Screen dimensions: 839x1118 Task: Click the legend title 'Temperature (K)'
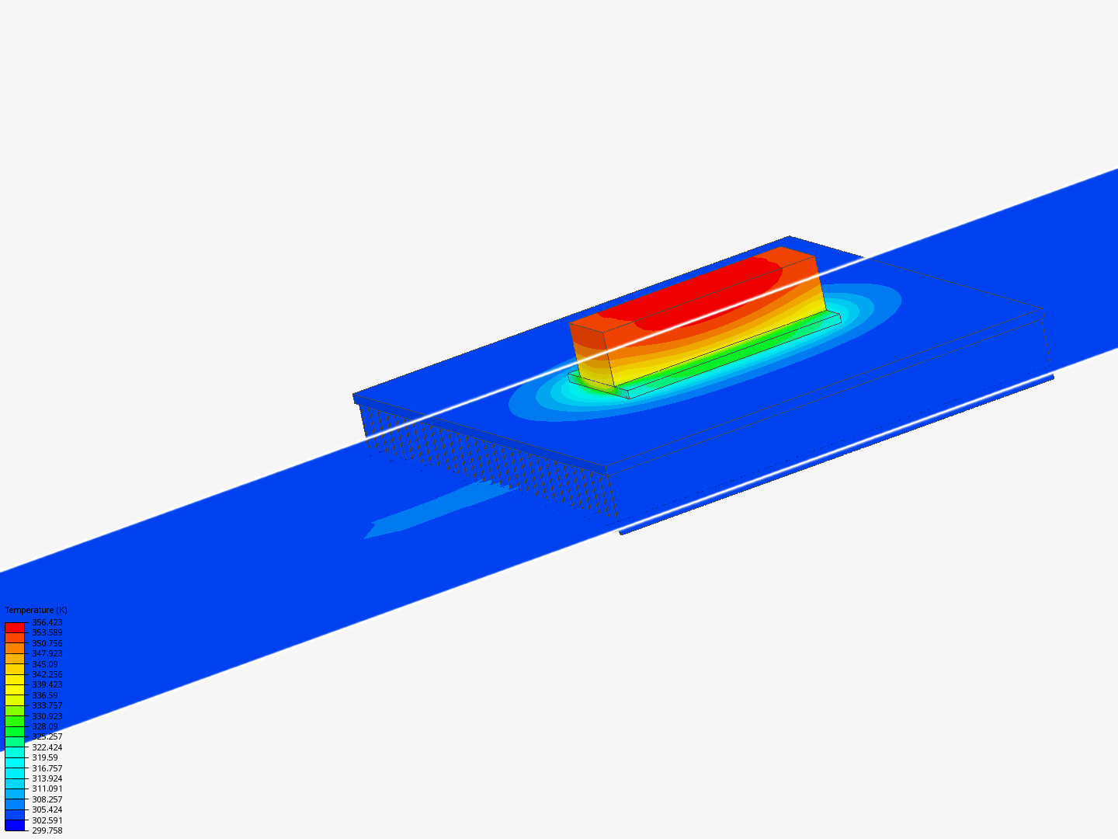pos(36,610)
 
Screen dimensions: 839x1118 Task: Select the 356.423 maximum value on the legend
pos(47,622)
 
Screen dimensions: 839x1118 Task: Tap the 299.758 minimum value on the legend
pos(47,830)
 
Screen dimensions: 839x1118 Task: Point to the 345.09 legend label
pos(44,664)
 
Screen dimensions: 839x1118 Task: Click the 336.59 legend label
pos(44,695)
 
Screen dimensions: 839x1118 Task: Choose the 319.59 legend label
pos(44,757)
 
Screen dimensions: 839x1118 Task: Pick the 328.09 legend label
pos(44,726)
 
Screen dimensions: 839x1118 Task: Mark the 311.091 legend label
pos(47,789)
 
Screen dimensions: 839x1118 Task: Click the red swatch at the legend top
pos(15,627)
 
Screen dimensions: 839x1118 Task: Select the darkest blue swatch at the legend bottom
pos(15,825)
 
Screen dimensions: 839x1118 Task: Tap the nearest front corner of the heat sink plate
pos(606,469)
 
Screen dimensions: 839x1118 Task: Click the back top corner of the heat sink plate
pos(790,236)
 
